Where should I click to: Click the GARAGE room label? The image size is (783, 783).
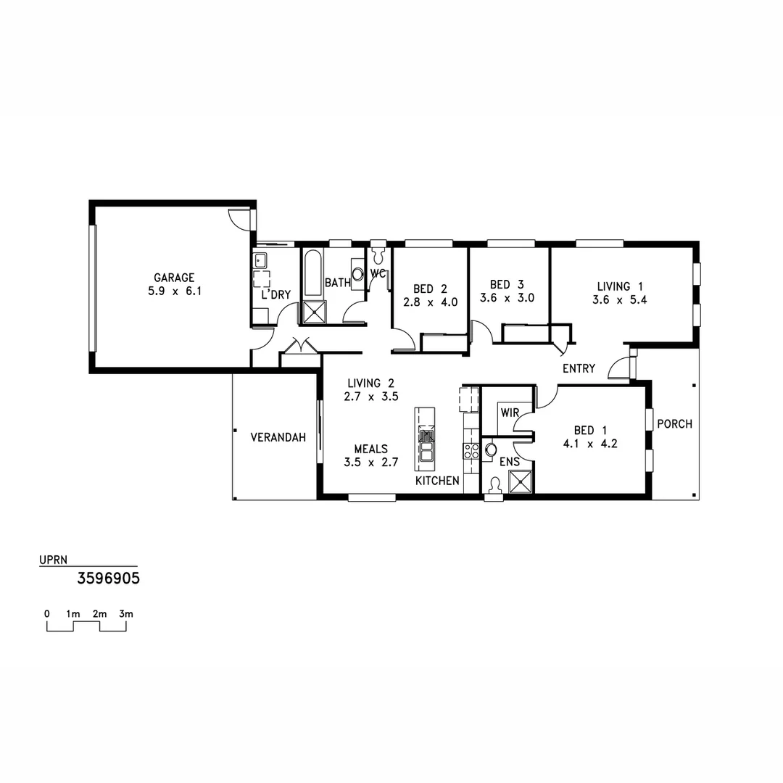coord(174,278)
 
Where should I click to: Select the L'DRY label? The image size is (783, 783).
coord(275,295)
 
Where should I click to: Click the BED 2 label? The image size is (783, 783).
coord(430,288)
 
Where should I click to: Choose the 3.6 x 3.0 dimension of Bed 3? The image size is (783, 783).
coord(507,298)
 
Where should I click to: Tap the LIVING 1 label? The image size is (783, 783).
coord(620,286)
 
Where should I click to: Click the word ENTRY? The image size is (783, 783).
coord(579,368)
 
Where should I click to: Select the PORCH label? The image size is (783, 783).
coord(674,424)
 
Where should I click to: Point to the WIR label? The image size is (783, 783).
coord(510,413)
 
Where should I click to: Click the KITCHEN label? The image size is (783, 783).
coord(436,481)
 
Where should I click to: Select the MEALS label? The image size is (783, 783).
coord(371,449)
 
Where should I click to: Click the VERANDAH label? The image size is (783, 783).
coord(278,437)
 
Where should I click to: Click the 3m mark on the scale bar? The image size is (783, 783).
coord(126,614)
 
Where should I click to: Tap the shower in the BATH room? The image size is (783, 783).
coord(314,312)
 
